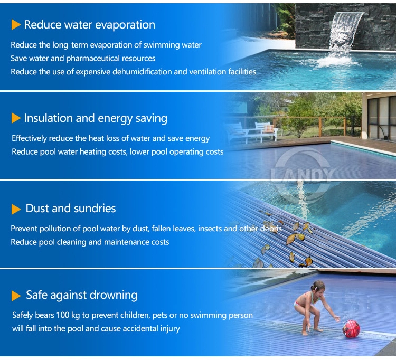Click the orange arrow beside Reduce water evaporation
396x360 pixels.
(16, 25)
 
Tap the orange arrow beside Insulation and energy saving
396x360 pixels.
(16, 118)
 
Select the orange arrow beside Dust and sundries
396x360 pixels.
(16, 209)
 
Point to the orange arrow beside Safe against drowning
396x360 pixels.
(16, 296)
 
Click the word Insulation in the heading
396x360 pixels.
(48, 118)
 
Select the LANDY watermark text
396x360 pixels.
(303, 175)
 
